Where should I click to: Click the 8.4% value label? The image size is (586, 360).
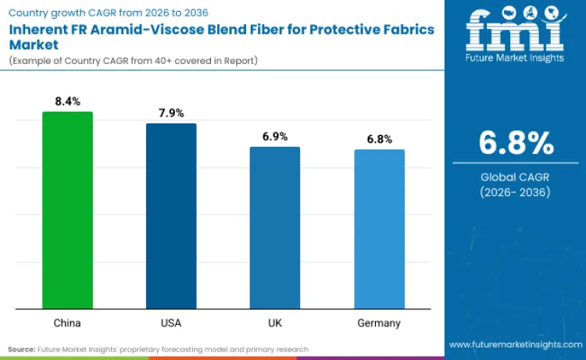click(x=67, y=102)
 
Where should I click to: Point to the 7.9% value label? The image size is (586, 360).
click(x=171, y=113)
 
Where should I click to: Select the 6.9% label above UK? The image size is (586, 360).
click(x=275, y=137)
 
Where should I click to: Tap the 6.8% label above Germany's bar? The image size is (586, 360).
click(x=380, y=139)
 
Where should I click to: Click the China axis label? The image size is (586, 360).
click(x=67, y=323)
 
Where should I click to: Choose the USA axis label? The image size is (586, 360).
click(x=171, y=323)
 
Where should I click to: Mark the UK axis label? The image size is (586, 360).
click(x=275, y=323)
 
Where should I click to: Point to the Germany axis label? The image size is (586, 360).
click(x=380, y=323)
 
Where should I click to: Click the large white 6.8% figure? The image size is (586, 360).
click(x=516, y=144)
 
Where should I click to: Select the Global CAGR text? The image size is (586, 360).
click(x=516, y=176)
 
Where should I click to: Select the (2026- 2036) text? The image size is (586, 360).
click(x=516, y=192)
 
